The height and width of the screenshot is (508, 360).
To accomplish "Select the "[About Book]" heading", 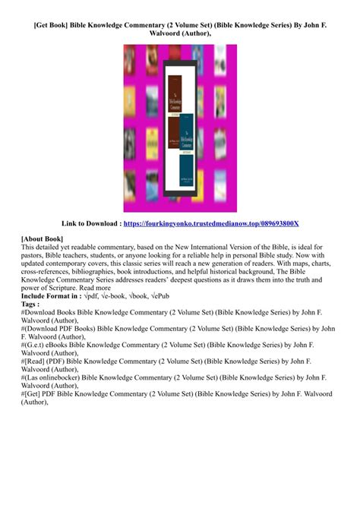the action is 43,238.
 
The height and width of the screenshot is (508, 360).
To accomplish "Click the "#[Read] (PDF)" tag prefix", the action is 46,361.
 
